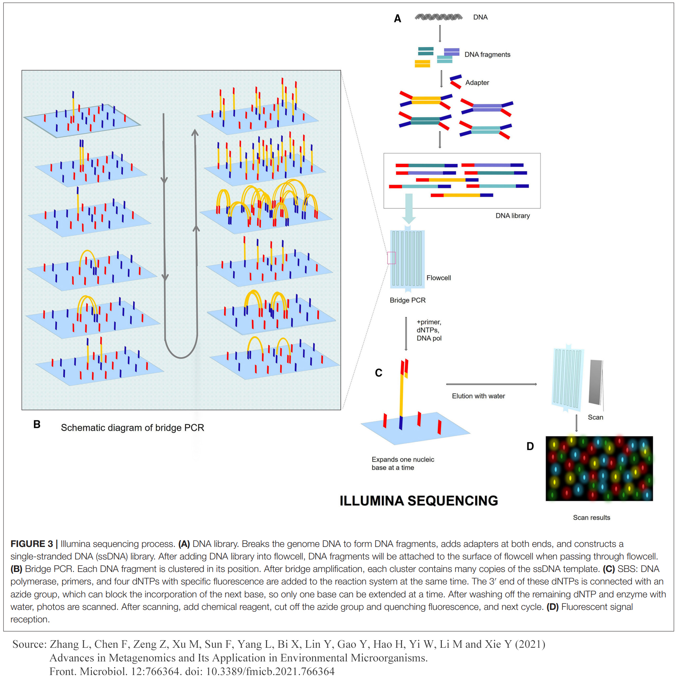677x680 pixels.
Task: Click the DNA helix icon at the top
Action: tap(438, 17)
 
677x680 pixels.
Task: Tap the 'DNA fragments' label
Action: tap(487, 55)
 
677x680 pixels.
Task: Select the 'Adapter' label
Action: tap(477, 83)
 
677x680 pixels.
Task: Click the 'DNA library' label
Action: tap(512, 216)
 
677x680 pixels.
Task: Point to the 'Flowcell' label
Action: tap(438, 278)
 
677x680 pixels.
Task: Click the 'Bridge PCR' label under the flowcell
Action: tap(407, 300)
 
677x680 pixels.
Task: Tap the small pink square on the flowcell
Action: tap(391, 258)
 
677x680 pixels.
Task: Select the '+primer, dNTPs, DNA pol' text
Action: tap(429, 330)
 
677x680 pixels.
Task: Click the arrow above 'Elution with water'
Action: tap(491, 384)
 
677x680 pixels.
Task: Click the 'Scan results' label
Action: tap(591, 517)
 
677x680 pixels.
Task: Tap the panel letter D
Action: tap(530, 447)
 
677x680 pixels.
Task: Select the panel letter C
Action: tap(378, 373)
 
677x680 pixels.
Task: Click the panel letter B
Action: tap(37, 425)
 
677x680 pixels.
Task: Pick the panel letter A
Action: tap(397, 19)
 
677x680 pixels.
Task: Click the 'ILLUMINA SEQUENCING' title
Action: tap(418, 501)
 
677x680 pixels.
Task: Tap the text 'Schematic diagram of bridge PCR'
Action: tap(132, 428)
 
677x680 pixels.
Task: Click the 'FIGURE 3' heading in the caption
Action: tap(32, 544)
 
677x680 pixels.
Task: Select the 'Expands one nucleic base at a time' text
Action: tap(402, 464)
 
